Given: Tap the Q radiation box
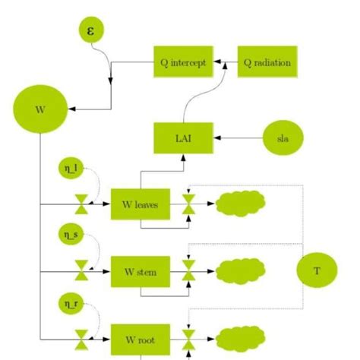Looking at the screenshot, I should coord(267,62).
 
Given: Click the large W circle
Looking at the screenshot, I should coord(39,108).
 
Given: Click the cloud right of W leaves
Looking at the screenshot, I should coord(241,203).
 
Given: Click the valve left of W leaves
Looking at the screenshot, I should coord(81,204).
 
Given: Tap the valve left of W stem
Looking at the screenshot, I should coord(81,270).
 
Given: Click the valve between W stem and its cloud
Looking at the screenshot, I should coord(189,270).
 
